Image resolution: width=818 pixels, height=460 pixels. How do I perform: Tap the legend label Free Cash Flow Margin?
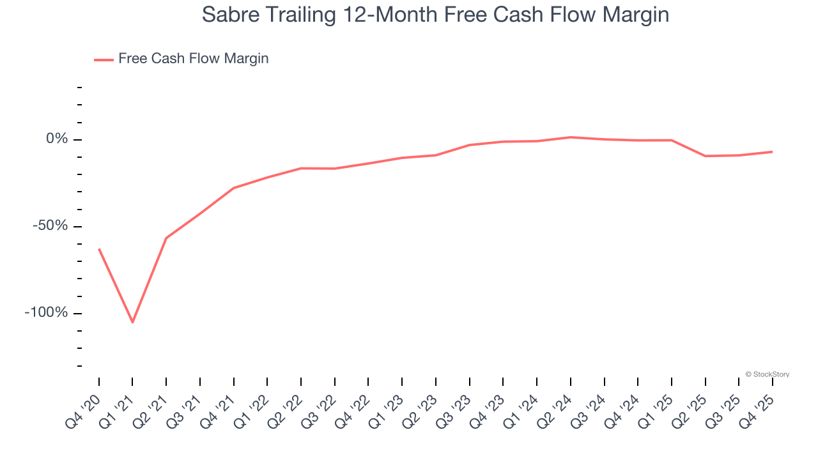[x=194, y=59]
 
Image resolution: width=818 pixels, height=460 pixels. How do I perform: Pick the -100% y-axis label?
[x=47, y=313]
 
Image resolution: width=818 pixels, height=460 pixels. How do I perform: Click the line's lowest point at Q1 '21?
[x=132, y=323]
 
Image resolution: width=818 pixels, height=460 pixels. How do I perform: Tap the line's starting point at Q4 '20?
[x=99, y=249]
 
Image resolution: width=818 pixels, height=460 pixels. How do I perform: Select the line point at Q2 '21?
[x=166, y=238]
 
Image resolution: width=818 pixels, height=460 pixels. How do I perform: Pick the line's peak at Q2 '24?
[x=571, y=137]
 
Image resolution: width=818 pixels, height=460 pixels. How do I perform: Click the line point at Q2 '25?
[x=706, y=156]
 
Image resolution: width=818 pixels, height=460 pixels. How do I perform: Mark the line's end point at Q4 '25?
[x=773, y=151]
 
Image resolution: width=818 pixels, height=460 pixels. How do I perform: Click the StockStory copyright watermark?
[x=768, y=374]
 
